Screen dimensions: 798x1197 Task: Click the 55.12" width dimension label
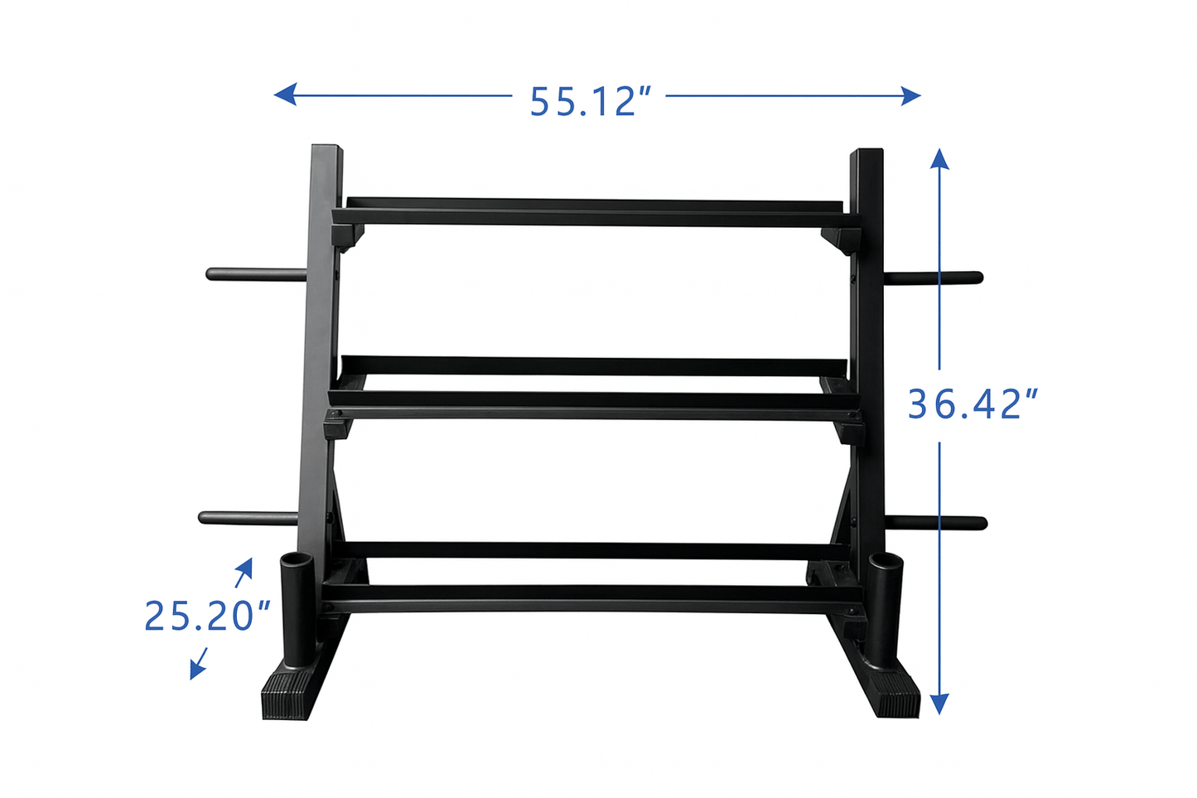590,101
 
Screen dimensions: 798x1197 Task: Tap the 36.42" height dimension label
972,404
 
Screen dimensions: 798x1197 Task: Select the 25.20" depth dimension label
207,616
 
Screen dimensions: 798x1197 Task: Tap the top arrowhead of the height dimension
939,158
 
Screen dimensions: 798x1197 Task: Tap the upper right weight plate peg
934,278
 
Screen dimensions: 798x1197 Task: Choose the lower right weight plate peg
936,523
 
